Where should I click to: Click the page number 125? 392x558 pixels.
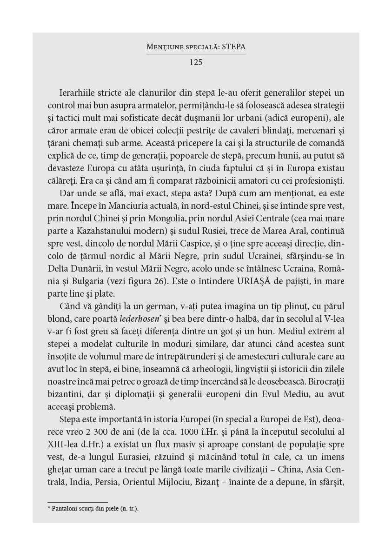point(196,62)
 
